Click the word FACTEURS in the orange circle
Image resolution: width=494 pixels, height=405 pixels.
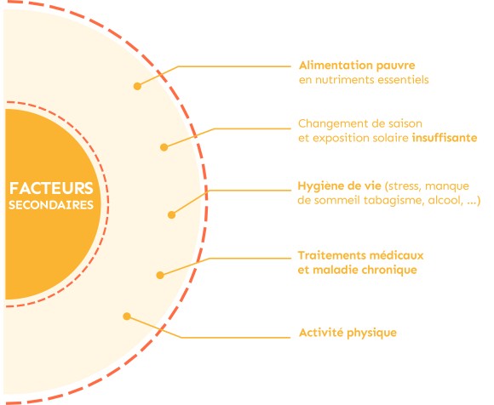click(x=51, y=188)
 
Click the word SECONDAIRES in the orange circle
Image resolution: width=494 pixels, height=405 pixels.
click(x=51, y=205)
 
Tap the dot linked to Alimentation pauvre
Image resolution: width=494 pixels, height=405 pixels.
click(x=137, y=86)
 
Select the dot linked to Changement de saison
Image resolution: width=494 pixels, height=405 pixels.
click(x=164, y=147)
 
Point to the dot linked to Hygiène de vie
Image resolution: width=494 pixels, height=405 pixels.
click(x=171, y=215)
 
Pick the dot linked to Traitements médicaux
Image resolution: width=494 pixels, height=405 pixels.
click(x=160, y=276)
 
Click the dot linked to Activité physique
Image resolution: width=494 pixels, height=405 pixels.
click(x=127, y=317)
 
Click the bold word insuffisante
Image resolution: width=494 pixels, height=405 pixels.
click(x=445, y=138)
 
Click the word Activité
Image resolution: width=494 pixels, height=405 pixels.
click(x=321, y=333)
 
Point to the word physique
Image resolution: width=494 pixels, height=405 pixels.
click(x=371, y=334)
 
